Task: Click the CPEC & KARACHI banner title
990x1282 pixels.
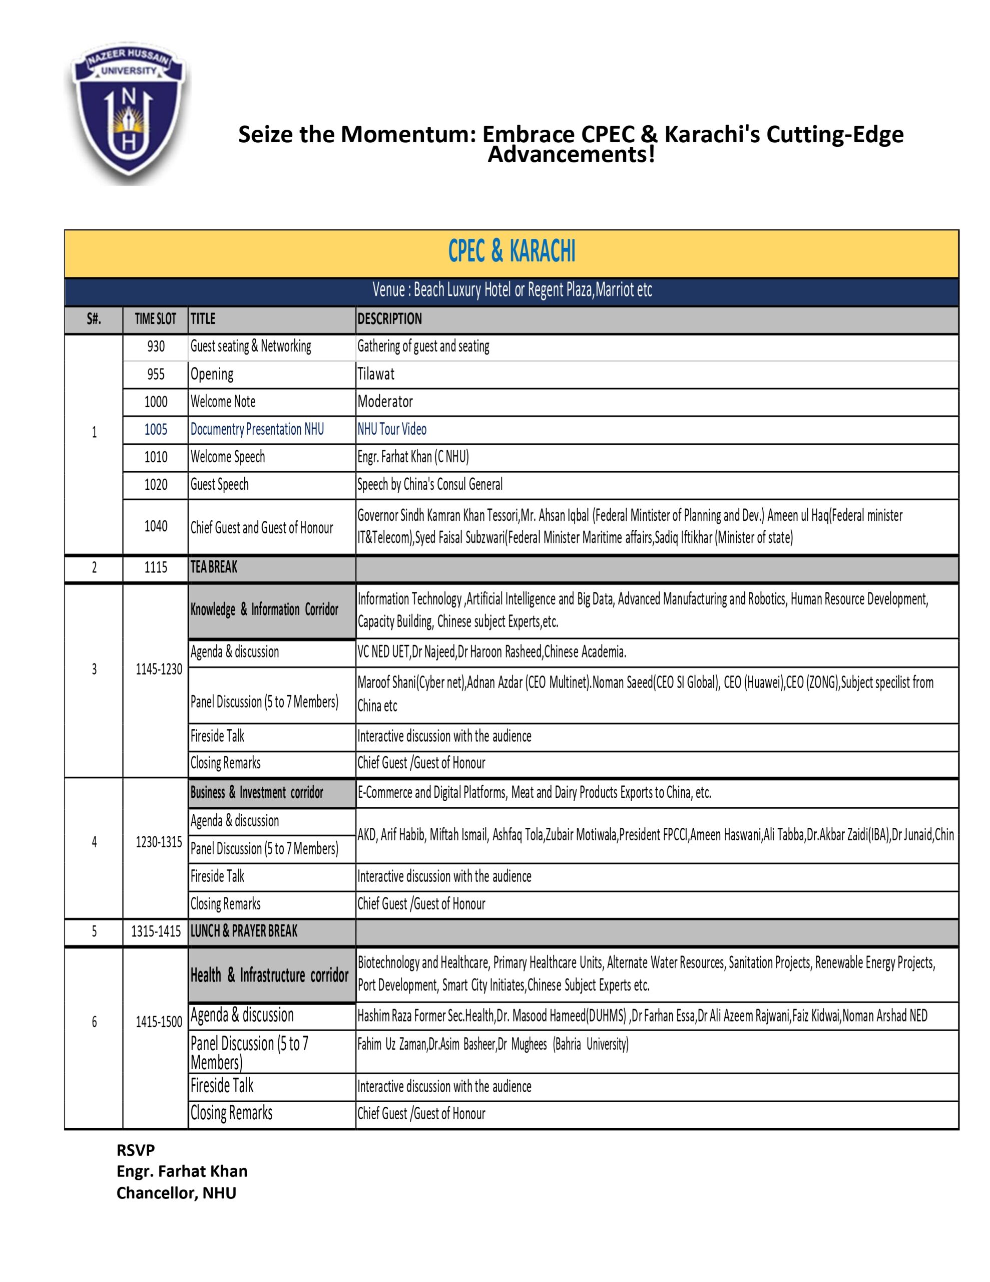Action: pyautogui.click(x=511, y=251)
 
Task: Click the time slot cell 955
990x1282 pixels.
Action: pyautogui.click(x=156, y=375)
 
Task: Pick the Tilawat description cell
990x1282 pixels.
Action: pyautogui.click(x=376, y=375)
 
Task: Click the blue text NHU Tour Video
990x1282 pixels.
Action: pyautogui.click(x=392, y=430)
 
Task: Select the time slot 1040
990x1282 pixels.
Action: pyautogui.click(x=156, y=526)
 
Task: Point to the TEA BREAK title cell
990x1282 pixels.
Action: pyautogui.click(x=214, y=567)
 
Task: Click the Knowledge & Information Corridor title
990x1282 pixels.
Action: pyautogui.click(x=264, y=610)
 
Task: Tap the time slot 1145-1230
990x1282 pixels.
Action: pyautogui.click(x=159, y=670)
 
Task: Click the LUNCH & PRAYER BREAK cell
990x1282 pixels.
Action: pyautogui.click(x=244, y=931)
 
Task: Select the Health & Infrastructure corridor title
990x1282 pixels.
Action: pyautogui.click(x=269, y=976)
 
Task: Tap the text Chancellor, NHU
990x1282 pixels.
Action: pyautogui.click(x=176, y=1193)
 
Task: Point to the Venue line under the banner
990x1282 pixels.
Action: pyautogui.click(x=512, y=290)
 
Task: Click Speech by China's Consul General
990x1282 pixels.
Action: pyautogui.click(x=430, y=485)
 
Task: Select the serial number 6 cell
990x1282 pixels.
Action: pyautogui.click(x=94, y=1022)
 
